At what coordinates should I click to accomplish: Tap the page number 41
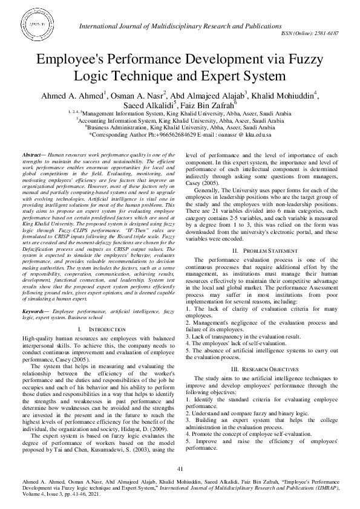180,469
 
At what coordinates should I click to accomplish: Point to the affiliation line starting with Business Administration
180,128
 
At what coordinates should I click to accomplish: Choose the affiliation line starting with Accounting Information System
180,120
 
